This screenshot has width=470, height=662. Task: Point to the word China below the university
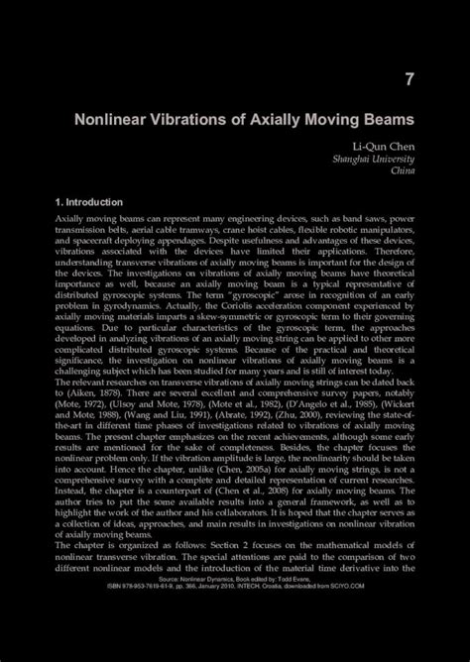click(403, 170)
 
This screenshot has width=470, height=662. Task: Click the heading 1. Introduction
click(89, 202)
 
